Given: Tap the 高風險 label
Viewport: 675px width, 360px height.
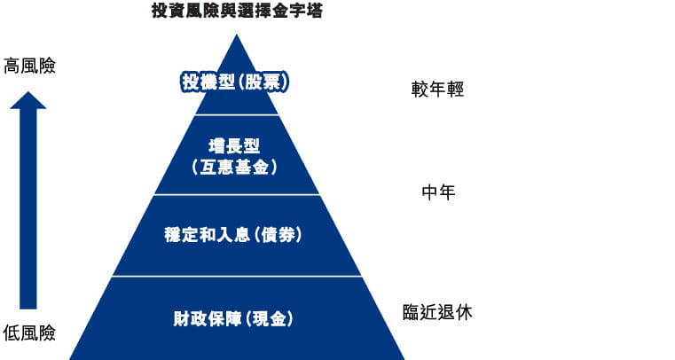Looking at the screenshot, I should point(29,66).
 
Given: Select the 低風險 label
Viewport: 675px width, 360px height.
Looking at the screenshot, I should point(29,333).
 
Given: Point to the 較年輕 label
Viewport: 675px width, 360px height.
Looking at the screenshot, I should point(437,90).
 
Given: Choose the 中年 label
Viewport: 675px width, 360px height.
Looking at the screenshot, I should point(437,192).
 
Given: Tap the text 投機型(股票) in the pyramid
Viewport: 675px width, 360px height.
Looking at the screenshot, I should point(235,82).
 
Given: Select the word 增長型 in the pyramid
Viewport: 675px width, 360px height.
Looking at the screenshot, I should point(236,146).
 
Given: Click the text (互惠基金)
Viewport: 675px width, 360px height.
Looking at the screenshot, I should point(236,166).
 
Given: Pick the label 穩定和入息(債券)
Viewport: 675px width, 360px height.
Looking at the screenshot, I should point(235,235).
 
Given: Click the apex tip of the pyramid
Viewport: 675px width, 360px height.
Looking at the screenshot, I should point(236,36).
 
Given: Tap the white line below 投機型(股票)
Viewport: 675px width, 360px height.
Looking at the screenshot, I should point(236,115).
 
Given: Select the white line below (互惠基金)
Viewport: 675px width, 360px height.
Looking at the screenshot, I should point(236,194).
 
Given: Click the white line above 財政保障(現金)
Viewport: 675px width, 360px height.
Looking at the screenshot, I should point(236,276).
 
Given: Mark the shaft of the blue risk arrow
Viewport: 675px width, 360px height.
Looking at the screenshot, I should point(28,213).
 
